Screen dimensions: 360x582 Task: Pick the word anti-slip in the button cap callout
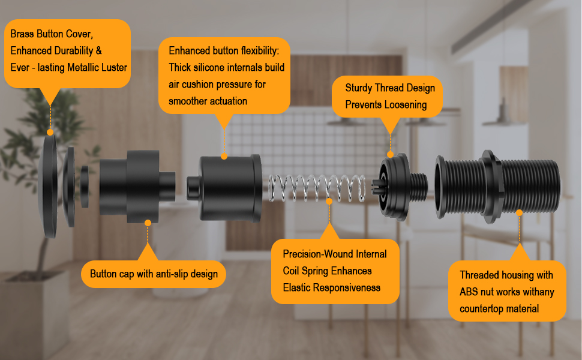tap(157, 274)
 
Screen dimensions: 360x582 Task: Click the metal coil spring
tap(317, 188)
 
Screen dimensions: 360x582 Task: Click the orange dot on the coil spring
tap(329, 202)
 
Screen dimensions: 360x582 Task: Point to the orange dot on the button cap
tap(148, 222)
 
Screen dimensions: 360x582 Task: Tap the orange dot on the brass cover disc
tap(50, 132)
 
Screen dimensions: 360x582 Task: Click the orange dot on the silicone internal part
tap(224, 157)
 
